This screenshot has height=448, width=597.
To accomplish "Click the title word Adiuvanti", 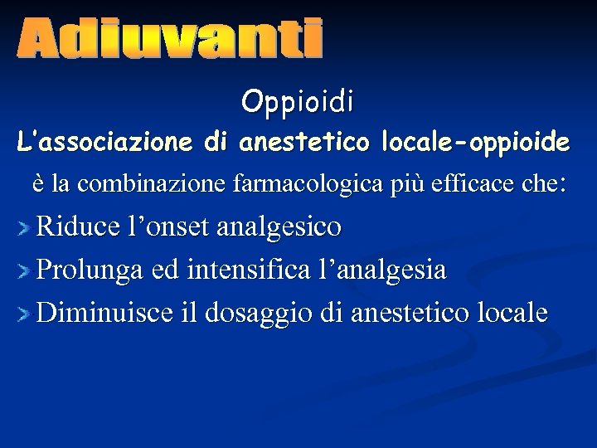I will [168, 39].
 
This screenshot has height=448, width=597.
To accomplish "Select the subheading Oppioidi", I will [298, 102].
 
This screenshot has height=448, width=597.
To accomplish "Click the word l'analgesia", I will [378, 270].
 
